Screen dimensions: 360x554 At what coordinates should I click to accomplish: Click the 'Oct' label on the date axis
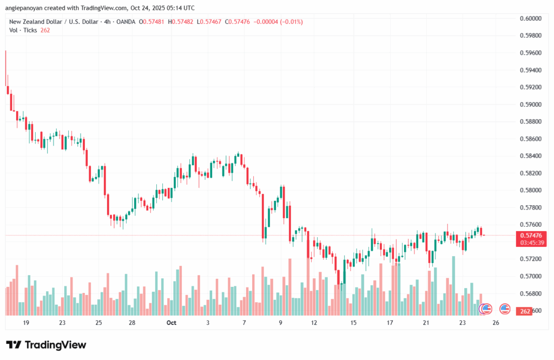tap(172, 323)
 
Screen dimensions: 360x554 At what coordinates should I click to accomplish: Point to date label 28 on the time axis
tap(131, 323)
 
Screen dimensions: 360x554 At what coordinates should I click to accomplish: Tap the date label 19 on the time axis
tap(25, 323)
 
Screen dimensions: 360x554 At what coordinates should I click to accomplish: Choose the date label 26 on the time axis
tap(496, 323)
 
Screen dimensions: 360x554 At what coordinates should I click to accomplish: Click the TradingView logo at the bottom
tap(46, 345)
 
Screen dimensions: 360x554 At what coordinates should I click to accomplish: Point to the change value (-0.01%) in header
tap(288, 22)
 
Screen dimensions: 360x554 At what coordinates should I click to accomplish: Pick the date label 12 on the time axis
tap(314, 323)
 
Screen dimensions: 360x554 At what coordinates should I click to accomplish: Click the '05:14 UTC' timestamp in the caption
tap(178, 8)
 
